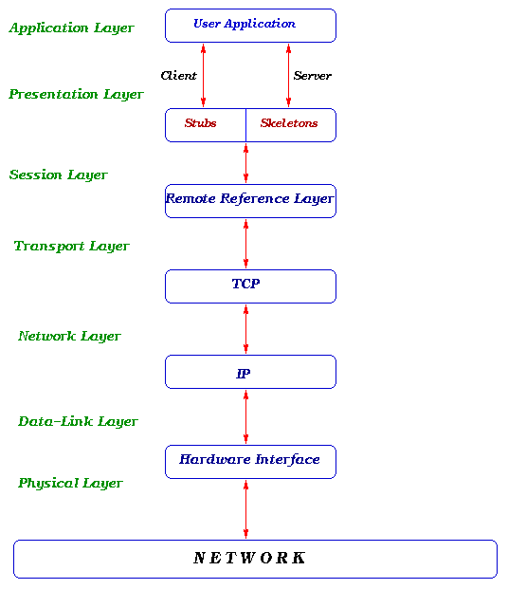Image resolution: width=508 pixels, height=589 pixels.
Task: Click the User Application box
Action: point(250,26)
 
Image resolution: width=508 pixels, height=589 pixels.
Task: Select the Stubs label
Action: point(201,123)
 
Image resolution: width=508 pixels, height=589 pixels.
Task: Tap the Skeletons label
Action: point(289,123)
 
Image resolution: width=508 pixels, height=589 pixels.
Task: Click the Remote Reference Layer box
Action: point(250,200)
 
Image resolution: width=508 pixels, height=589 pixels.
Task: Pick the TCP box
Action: point(250,285)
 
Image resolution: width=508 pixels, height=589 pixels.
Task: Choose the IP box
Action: point(250,372)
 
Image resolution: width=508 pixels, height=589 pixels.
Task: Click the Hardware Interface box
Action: point(250,461)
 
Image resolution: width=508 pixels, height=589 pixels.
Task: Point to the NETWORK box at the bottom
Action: point(254,559)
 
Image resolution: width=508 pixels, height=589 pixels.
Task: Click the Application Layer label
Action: point(72,28)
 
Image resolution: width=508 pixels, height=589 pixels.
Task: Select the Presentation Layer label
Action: point(77,95)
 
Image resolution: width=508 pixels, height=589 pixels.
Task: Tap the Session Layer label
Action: point(59,175)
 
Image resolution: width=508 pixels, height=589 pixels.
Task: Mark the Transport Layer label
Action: point(72,247)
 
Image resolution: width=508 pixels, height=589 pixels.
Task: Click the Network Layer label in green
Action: point(70,337)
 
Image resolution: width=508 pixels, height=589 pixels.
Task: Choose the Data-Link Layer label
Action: point(78,422)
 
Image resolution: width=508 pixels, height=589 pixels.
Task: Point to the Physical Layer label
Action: point(71,484)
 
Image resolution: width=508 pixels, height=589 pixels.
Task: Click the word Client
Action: point(179,76)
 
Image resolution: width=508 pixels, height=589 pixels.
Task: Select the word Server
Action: point(313,76)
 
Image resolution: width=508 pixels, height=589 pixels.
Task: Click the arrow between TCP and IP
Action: point(246,329)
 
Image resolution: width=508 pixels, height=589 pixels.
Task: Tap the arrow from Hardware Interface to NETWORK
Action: point(246,509)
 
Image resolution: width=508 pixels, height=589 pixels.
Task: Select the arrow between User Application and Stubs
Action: point(203,75)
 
